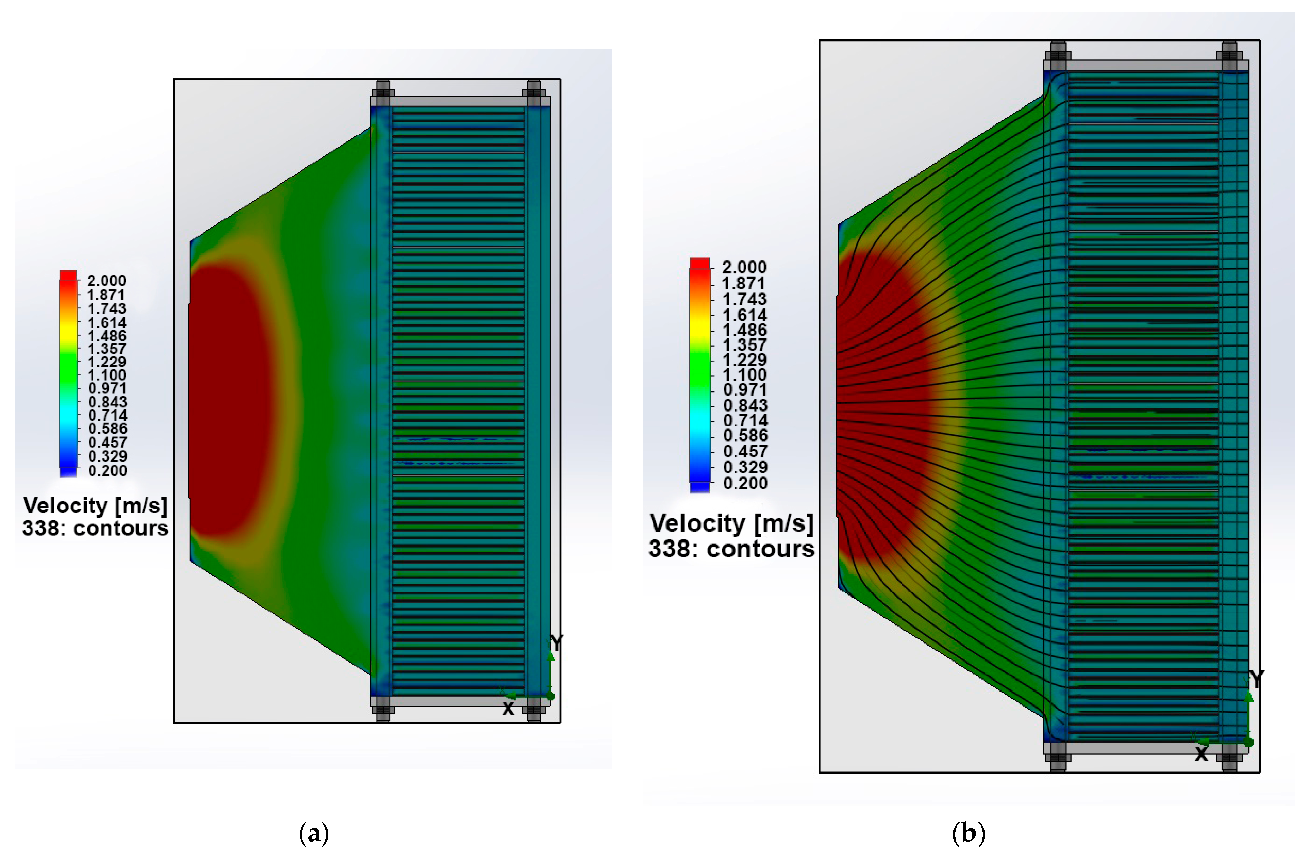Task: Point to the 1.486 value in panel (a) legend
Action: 107,336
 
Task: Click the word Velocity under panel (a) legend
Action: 65,505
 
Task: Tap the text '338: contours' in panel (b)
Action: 732,549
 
